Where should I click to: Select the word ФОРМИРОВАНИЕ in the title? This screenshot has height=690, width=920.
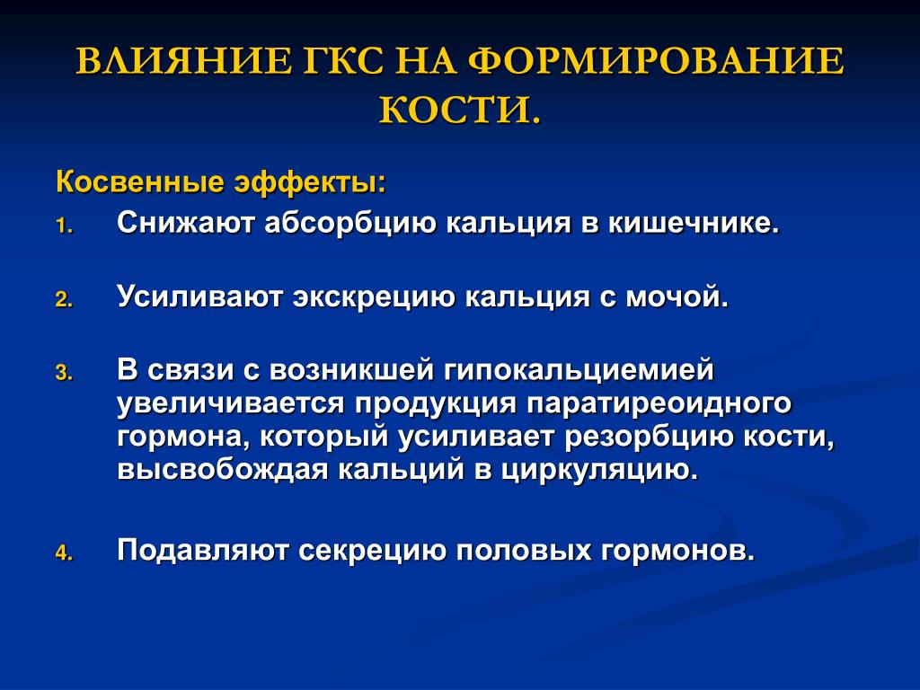tap(657, 61)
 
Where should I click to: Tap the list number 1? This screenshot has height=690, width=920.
tap(64, 226)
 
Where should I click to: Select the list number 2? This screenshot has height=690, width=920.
tap(64, 300)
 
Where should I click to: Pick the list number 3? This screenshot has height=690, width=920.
tap(64, 373)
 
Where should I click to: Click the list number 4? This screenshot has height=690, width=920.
tap(64, 553)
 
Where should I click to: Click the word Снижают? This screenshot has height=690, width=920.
tap(185, 223)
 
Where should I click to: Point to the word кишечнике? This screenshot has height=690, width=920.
tap(693, 223)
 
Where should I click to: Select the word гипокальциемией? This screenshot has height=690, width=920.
tap(579, 371)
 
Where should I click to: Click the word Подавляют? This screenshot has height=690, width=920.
tap(202, 552)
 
